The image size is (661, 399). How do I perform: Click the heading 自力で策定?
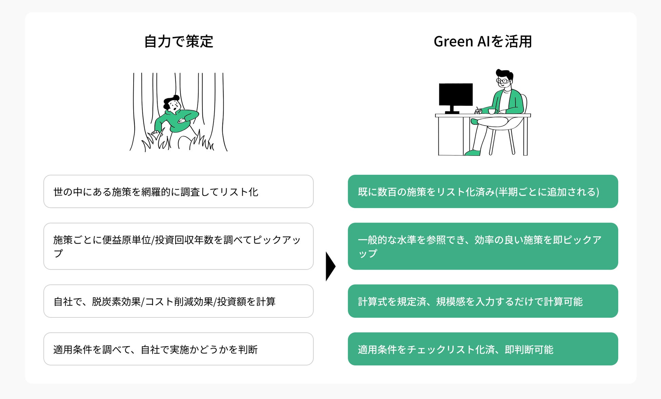tap(179, 42)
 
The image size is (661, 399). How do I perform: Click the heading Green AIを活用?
tap(483, 42)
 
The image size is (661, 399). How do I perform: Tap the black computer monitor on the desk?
tap(456, 94)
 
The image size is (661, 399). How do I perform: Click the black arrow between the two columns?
tap(330, 266)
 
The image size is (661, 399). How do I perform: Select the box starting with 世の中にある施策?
tap(178, 191)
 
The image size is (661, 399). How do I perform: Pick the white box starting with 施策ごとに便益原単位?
tap(178, 246)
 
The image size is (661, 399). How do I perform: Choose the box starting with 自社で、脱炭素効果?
tap(178, 301)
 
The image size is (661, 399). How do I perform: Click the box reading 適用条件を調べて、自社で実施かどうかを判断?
tap(178, 349)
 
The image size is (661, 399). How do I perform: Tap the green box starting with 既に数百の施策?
tap(483, 191)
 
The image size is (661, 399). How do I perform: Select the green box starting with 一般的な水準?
tap(483, 246)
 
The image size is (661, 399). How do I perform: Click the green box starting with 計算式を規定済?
tap(483, 301)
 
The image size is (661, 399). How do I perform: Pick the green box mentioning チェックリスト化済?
tap(483, 349)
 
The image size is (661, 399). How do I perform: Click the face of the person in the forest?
tap(175, 106)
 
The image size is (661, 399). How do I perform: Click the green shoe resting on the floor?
tap(473, 153)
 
